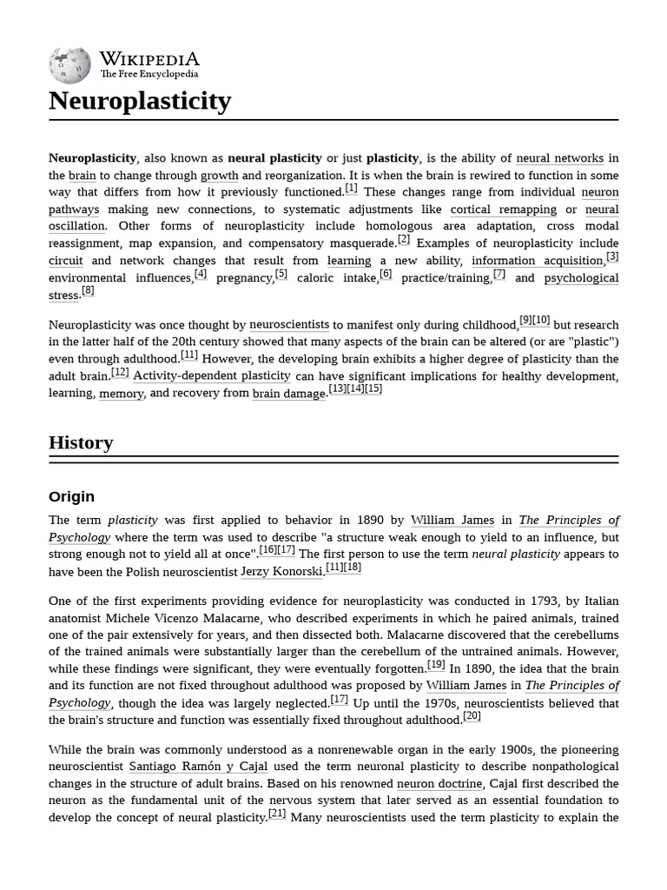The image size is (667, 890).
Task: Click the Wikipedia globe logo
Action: [x=69, y=65]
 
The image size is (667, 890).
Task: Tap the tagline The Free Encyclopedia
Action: [x=149, y=75]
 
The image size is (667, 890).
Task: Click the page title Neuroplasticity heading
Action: [x=140, y=102]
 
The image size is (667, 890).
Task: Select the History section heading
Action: [x=81, y=442]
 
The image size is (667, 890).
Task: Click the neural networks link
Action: [x=559, y=158]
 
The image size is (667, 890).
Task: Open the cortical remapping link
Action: [x=503, y=209]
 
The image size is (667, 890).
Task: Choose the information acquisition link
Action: [x=538, y=261]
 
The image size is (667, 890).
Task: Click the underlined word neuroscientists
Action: [x=289, y=324]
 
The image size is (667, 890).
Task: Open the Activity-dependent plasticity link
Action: [x=212, y=375]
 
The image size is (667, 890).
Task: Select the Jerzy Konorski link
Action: [x=281, y=572]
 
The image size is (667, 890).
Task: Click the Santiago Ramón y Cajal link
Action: [x=198, y=767]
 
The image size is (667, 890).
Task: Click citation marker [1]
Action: [x=351, y=189]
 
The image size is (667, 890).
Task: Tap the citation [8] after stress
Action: [x=88, y=291]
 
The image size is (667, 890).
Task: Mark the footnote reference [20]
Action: [x=472, y=716]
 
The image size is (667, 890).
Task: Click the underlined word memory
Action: [x=121, y=394]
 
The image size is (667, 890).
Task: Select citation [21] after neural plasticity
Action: [x=277, y=814]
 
